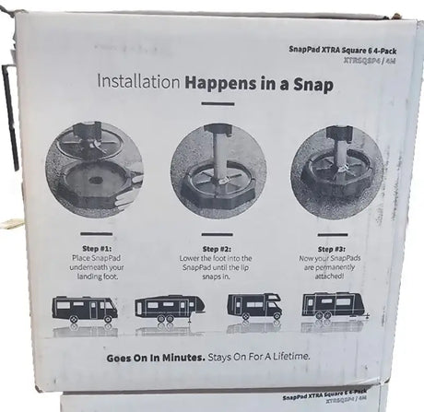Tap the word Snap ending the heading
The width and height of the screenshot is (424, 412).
click(x=310, y=85)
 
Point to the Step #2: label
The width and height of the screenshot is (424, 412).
click(x=217, y=249)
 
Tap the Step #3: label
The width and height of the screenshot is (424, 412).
click(x=333, y=248)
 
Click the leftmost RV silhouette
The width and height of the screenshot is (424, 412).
click(x=86, y=308)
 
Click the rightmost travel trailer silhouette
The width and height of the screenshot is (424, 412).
click(x=333, y=305)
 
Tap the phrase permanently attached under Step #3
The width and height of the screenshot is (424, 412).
click(x=332, y=275)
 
